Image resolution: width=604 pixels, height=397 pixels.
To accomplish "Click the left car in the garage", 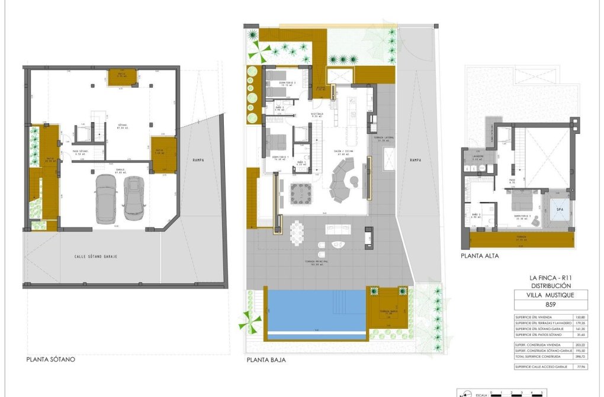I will pyautogui.click(x=107, y=198).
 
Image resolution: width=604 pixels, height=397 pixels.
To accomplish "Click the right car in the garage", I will pyautogui.click(x=134, y=198).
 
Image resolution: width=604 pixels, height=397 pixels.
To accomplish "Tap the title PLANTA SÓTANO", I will pyautogui.click(x=51, y=359).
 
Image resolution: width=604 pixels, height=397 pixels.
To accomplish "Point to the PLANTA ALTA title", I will pyautogui.click(x=480, y=256).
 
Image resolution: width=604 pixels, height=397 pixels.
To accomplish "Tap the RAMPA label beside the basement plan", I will pyautogui.click(x=198, y=159).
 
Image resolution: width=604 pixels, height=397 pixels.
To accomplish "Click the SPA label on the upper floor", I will pyautogui.click(x=558, y=209).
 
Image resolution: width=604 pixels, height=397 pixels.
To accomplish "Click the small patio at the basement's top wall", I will pyautogui.click(x=122, y=77).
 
